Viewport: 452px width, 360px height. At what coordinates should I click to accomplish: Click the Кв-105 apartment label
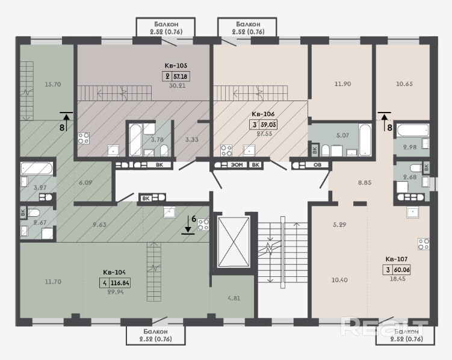176,66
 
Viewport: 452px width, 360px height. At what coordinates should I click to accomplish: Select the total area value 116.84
120,283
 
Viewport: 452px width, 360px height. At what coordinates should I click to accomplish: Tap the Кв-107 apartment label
397,259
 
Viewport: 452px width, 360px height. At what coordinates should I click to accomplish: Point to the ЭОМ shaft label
237,165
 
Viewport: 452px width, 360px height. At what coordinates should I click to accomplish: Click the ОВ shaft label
317,165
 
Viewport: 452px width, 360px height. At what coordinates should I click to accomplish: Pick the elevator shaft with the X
234,243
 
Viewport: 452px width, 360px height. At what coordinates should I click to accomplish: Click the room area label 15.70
53,84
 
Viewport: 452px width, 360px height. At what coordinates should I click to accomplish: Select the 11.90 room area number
342,84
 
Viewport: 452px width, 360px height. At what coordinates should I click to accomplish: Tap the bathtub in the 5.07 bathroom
365,140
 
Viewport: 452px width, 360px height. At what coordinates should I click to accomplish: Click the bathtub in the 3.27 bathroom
37,169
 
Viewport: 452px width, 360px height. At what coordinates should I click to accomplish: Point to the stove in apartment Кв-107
424,244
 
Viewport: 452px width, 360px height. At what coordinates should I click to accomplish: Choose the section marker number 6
194,219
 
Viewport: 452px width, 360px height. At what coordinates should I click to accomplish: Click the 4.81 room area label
234,299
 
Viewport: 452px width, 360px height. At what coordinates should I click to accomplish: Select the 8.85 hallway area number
365,182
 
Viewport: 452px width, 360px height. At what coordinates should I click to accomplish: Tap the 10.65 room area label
404,84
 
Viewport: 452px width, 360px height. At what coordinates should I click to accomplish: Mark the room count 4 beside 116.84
104,283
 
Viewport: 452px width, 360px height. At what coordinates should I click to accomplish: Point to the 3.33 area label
192,140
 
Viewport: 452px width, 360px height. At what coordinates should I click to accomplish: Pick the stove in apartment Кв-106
226,151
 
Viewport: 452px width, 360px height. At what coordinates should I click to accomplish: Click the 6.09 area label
85,182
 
